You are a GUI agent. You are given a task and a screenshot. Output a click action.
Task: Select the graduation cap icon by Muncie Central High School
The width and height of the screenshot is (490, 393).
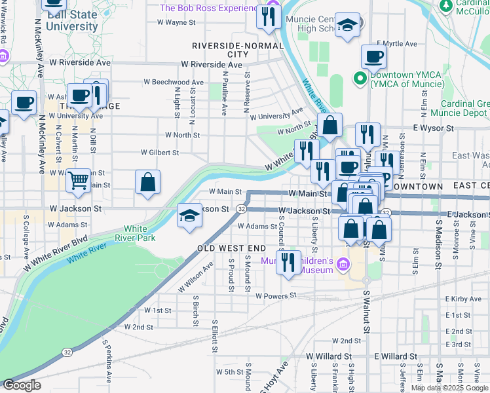pyautogui.click(x=347, y=26)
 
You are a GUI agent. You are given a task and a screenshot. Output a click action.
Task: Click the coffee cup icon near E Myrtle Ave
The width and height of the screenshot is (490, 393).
pyautogui.click(x=373, y=56)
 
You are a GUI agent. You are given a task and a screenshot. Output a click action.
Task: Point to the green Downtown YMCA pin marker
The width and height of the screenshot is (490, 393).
pyautogui.click(x=359, y=79)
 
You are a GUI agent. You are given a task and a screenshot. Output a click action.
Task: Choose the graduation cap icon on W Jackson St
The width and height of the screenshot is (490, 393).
pyautogui.click(x=189, y=215)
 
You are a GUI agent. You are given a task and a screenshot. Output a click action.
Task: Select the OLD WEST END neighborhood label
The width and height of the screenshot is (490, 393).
pyautogui.click(x=231, y=248)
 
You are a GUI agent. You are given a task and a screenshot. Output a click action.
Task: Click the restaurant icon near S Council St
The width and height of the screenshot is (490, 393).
pyautogui.click(x=288, y=262)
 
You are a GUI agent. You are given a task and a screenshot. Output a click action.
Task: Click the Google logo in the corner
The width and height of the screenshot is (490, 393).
pyautogui.click(x=21, y=385)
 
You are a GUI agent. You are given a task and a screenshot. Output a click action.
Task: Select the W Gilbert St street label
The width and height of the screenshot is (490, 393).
pyautogui.click(x=160, y=153)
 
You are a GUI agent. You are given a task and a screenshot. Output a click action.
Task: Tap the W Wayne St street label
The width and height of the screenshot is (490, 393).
pyautogui.click(x=177, y=22)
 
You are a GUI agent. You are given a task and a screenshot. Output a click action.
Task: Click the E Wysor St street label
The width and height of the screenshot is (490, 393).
pyautogui.click(x=433, y=129)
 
